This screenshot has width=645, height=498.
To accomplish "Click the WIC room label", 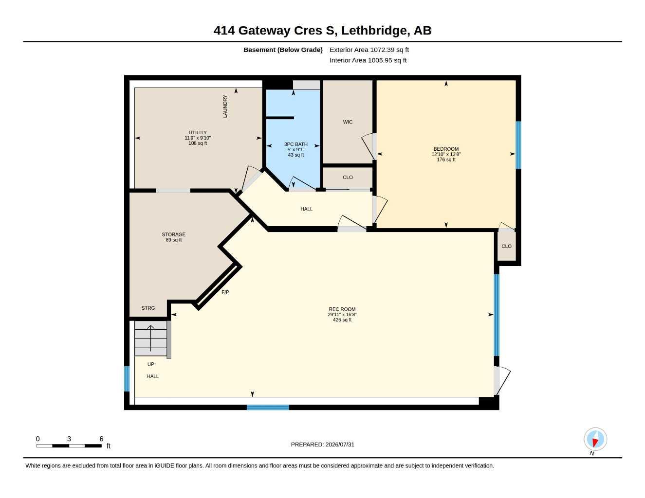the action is pos(348,122).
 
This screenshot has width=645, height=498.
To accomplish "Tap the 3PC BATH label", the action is pos(295,144).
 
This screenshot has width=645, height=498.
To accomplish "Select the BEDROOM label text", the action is pos(446,149).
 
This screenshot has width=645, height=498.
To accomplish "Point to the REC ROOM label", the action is pos(342,309).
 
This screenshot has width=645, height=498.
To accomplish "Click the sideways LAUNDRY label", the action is pos(225,107).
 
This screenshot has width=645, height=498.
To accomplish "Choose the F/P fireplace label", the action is pos(225,292).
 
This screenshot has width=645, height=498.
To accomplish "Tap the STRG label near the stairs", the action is pos(148,308).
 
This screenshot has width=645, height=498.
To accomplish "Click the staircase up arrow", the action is pos(151,338).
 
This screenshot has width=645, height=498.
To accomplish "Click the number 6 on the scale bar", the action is pos(101,439).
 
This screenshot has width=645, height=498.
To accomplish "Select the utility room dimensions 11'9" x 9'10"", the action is pos(198,138).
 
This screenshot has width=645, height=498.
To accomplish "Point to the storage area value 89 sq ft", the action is pos(174,240).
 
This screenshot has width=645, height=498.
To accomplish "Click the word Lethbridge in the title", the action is pos(374,31).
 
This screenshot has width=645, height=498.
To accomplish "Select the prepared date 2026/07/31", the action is pos(340,445).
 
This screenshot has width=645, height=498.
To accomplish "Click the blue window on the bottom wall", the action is pos(268,407).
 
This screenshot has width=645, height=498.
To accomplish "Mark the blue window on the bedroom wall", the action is pos(518,145).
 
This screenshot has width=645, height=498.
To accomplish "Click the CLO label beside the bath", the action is pos(348,177).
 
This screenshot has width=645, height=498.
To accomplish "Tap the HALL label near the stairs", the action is pos(152,376).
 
